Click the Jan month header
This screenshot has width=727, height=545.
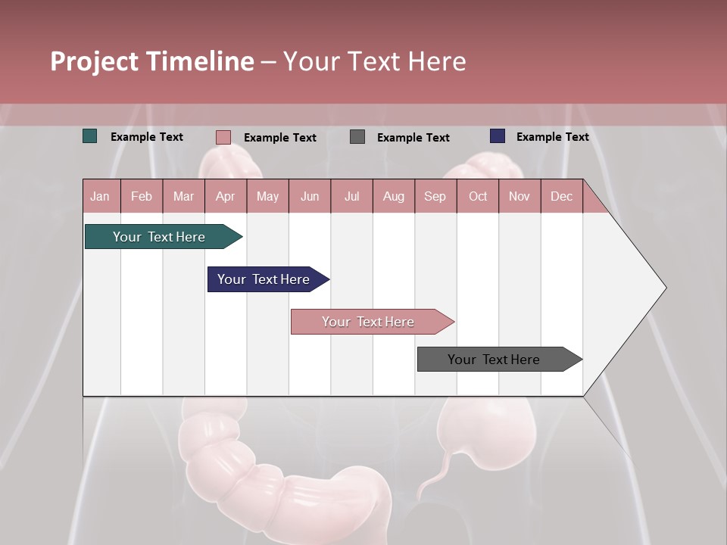(100, 196)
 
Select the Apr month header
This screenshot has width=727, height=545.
(225, 196)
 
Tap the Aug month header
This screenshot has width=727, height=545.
(393, 196)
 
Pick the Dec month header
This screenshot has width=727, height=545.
(561, 196)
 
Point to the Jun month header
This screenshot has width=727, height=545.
(309, 196)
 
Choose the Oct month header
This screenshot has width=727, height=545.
(478, 196)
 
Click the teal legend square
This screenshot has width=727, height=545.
(90, 136)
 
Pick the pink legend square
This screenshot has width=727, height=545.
(223, 137)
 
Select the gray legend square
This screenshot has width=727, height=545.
(357, 136)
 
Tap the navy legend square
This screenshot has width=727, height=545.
(498, 136)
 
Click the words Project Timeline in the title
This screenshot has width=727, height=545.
(151, 61)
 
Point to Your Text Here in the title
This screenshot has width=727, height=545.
(374, 61)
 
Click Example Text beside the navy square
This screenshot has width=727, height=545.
(552, 137)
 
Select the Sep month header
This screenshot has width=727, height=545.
(435, 196)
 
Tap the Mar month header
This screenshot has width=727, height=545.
(183, 196)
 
